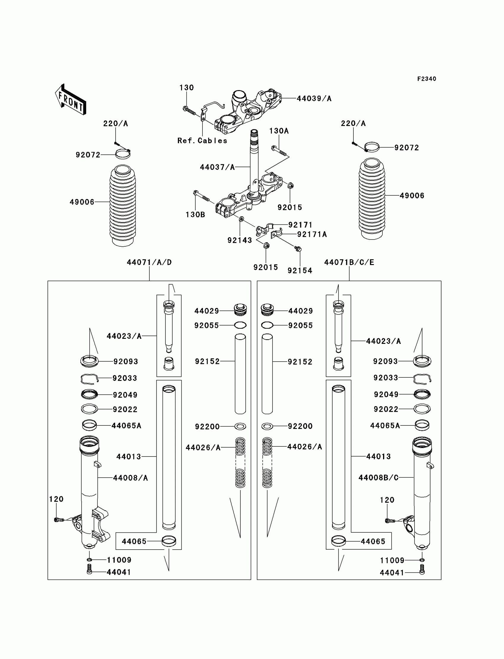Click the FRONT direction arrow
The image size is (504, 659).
tap(71, 100)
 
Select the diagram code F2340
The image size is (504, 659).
tap(427, 79)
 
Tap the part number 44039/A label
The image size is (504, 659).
tap(314, 98)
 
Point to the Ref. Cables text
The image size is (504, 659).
tap(202, 141)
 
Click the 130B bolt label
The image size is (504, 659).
tap(195, 215)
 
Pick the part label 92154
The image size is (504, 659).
tap(300, 271)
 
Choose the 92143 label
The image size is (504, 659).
tap(240, 240)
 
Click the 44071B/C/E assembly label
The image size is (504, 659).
tap(349, 262)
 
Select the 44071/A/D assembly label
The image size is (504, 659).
tap(149, 262)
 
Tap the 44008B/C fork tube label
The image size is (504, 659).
tap(378, 478)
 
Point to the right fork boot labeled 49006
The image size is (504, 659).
tap(372, 199)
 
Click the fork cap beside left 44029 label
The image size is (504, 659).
tap(240, 309)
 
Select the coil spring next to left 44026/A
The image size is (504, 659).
tap(240, 462)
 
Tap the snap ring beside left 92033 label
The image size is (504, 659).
tap(89, 379)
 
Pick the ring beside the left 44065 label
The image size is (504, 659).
tap(169, 541)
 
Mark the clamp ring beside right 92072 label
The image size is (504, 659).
tap(372, 147)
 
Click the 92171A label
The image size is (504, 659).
tap(312, 234)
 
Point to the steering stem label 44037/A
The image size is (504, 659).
tap(217, 167)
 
